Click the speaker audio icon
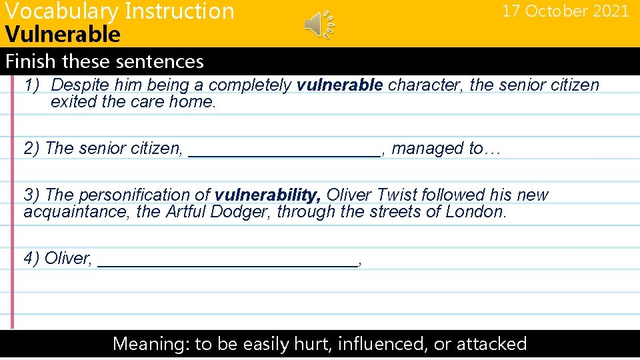(317, 25)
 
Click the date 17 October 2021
(565, 11)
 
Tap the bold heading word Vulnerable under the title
(62, 34)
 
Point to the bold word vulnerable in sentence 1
(339, 85)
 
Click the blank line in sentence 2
(285, 151)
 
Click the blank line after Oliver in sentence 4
(227, 261)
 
